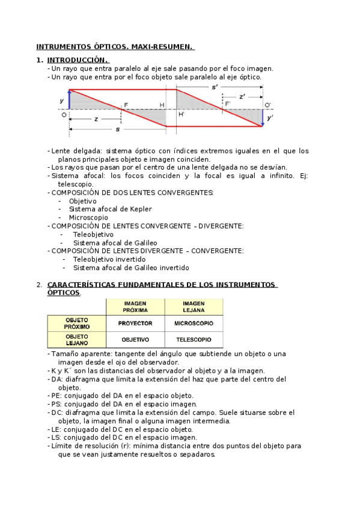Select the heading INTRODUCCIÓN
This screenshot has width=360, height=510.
[x=78, y=60]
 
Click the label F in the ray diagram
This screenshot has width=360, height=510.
[x=126, y=105]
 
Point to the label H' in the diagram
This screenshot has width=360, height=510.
[x=181, y=114]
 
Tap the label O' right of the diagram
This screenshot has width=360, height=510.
[x=268, y=105]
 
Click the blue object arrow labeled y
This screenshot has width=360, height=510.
[x=69, y=100]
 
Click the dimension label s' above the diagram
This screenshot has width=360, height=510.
[x=215, y=88]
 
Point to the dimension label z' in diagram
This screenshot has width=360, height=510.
[x=242, y=96]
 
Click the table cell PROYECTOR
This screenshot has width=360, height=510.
[x=135, y=323]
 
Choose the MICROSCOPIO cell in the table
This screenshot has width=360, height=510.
[x=194, y=323]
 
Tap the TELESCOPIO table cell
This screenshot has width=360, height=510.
[x=194, y=339]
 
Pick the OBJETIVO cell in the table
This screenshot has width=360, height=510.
[x=135, y=339]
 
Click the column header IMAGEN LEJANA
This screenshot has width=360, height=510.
[x=194, y=307]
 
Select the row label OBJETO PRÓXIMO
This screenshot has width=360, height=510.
[x=76, y=323]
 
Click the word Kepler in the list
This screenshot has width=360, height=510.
[x=141, y=209]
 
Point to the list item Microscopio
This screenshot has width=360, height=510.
[x=88, y=217]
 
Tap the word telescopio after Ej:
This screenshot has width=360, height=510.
[x=75, y=183]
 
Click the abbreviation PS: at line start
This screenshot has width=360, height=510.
[x=58, y=404]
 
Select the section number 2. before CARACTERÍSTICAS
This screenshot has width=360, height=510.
[x=39, y=284]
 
